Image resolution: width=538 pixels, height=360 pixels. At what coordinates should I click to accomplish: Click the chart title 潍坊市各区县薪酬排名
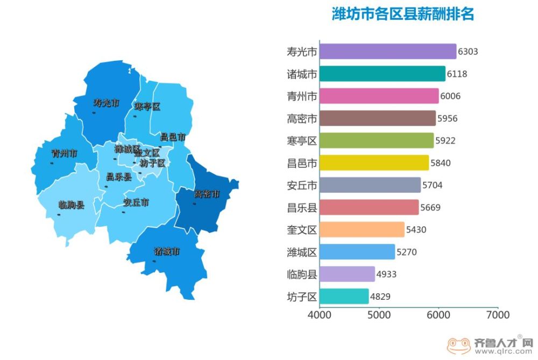pos(402,14)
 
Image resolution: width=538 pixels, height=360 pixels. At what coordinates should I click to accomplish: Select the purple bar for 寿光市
pos(387,52)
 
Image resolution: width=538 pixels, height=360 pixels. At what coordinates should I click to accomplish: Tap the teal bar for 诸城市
pos(382,74)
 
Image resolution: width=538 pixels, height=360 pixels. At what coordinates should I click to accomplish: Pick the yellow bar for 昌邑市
pos(374,163)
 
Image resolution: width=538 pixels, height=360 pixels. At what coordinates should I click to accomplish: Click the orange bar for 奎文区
pos(362,229)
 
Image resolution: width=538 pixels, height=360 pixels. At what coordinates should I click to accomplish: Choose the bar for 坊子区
pos(344,296)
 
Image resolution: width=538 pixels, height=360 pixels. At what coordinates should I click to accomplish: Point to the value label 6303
pos(468,52)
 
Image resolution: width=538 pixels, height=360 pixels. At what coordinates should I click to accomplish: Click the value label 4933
pos(386,274)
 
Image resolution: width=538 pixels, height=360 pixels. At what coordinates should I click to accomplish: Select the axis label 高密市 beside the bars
pos(302,118)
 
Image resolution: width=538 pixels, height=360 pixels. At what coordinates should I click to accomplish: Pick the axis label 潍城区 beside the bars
pos(302,252)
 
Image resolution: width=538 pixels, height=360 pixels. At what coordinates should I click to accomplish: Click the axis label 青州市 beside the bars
pos(302,96)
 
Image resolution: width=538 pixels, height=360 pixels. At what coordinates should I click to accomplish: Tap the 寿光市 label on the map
pos(106,103)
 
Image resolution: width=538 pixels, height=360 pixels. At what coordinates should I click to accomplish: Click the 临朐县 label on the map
pos(71,205)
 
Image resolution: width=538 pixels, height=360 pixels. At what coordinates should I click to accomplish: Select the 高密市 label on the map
pos(207,194)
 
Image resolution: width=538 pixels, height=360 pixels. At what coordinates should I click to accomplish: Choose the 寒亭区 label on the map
pos(147,107)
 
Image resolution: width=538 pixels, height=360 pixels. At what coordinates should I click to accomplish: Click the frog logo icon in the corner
pos(458,345)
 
